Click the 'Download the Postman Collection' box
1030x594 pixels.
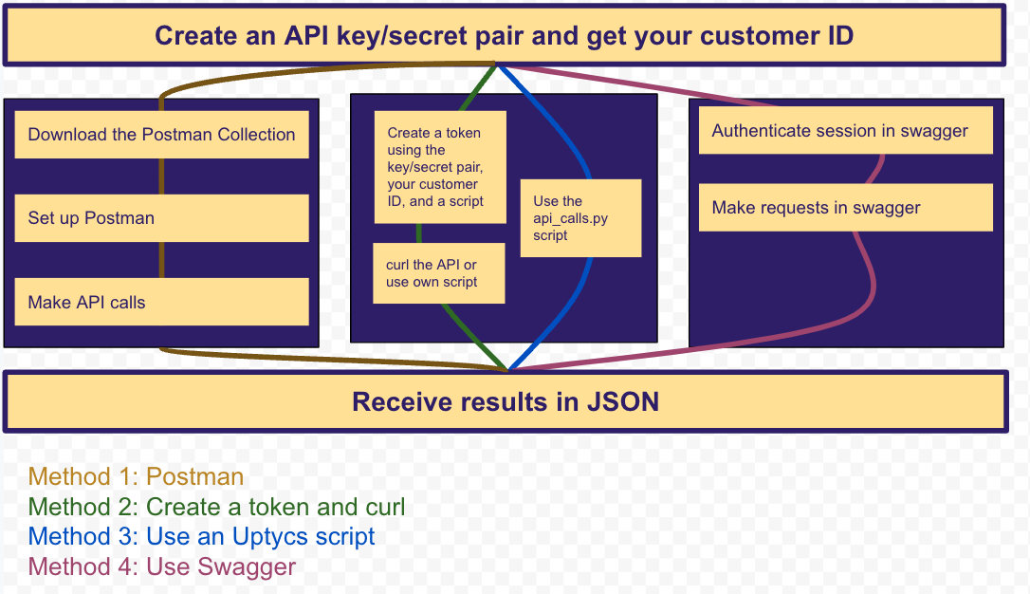pyautogui.click(x=161, y=135)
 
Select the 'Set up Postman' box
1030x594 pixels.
pyautogui.click(x=161, y=218)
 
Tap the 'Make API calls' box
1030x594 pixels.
pyautogui.click(x=161, y=302)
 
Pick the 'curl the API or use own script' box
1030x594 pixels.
pyautogui.click(x=438, y=273)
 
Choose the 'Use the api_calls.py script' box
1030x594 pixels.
pyautogui.click(x=580, y=217)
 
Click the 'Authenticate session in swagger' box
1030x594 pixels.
pyautogui.click(x=845, y=131)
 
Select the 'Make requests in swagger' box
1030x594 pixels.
pyautogui.click(x=845, y=208)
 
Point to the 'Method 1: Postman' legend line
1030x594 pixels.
pyautogui.click(x=136, y=477)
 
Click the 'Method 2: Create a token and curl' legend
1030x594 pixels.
pyautogui.click(x=216, y=508)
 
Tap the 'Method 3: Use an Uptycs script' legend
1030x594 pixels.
pyautogui.click(x=201, y=537)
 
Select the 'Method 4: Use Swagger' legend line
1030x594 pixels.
pyautogui.click(x=162, y=567)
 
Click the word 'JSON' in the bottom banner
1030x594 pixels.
pyautogui.click(x=622, y=401)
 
